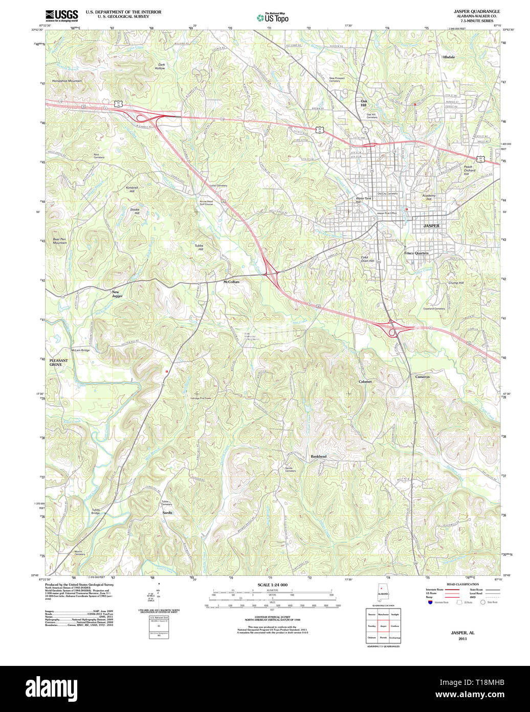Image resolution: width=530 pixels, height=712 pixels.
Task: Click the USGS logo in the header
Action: point(61,15)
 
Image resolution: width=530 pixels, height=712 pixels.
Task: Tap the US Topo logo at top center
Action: point(272,17)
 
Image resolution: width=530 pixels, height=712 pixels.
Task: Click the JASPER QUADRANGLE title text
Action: point(476,11)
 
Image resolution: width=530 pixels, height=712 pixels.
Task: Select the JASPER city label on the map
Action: point(431,226)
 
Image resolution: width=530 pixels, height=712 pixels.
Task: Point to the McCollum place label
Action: point(231,282)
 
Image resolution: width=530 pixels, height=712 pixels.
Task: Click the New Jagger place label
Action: point(118,294)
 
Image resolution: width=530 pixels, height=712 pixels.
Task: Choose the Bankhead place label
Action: point(318,456)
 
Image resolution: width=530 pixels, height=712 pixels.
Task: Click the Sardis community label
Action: point(168,513)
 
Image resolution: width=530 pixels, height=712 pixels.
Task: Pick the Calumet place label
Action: point(365,382)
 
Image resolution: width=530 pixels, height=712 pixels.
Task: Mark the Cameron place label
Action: point(423,376)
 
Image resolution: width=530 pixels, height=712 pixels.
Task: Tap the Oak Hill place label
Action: point(364,103)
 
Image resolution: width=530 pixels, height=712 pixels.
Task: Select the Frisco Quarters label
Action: point(416,253)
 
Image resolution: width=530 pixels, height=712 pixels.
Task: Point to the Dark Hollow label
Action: point(161,66)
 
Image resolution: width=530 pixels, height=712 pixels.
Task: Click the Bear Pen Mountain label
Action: point(60,241)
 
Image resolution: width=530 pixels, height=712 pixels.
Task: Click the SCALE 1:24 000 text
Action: point(272,585)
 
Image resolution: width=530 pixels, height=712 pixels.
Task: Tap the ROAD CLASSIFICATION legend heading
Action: point(462,584)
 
